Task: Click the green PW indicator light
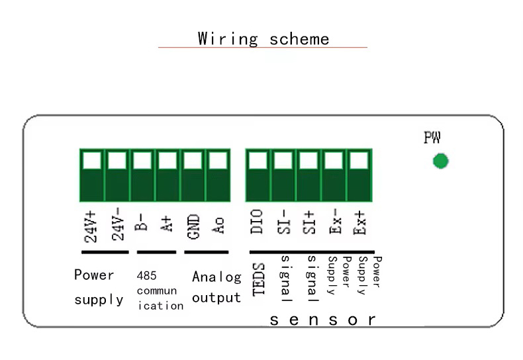[441, 161]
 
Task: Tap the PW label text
[432, 138]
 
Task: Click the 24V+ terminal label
[91, 227]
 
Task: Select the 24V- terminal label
[118, 224]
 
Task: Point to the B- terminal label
[141, 222]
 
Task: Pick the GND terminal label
[193, 227]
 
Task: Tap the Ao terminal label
[218, 226]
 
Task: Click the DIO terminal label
[256, 222]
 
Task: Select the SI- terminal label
[283, 222]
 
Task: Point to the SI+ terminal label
[309, 222]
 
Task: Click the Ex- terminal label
[335, 221]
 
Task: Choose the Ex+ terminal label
[359, 222]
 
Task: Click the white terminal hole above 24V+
[92, 160]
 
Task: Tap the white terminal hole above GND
[193, 160]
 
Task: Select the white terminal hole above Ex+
[359, 160]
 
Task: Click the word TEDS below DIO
[258, 279]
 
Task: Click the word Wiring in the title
[228, 39]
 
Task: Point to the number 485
[146, 276]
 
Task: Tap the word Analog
[216, 277]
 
